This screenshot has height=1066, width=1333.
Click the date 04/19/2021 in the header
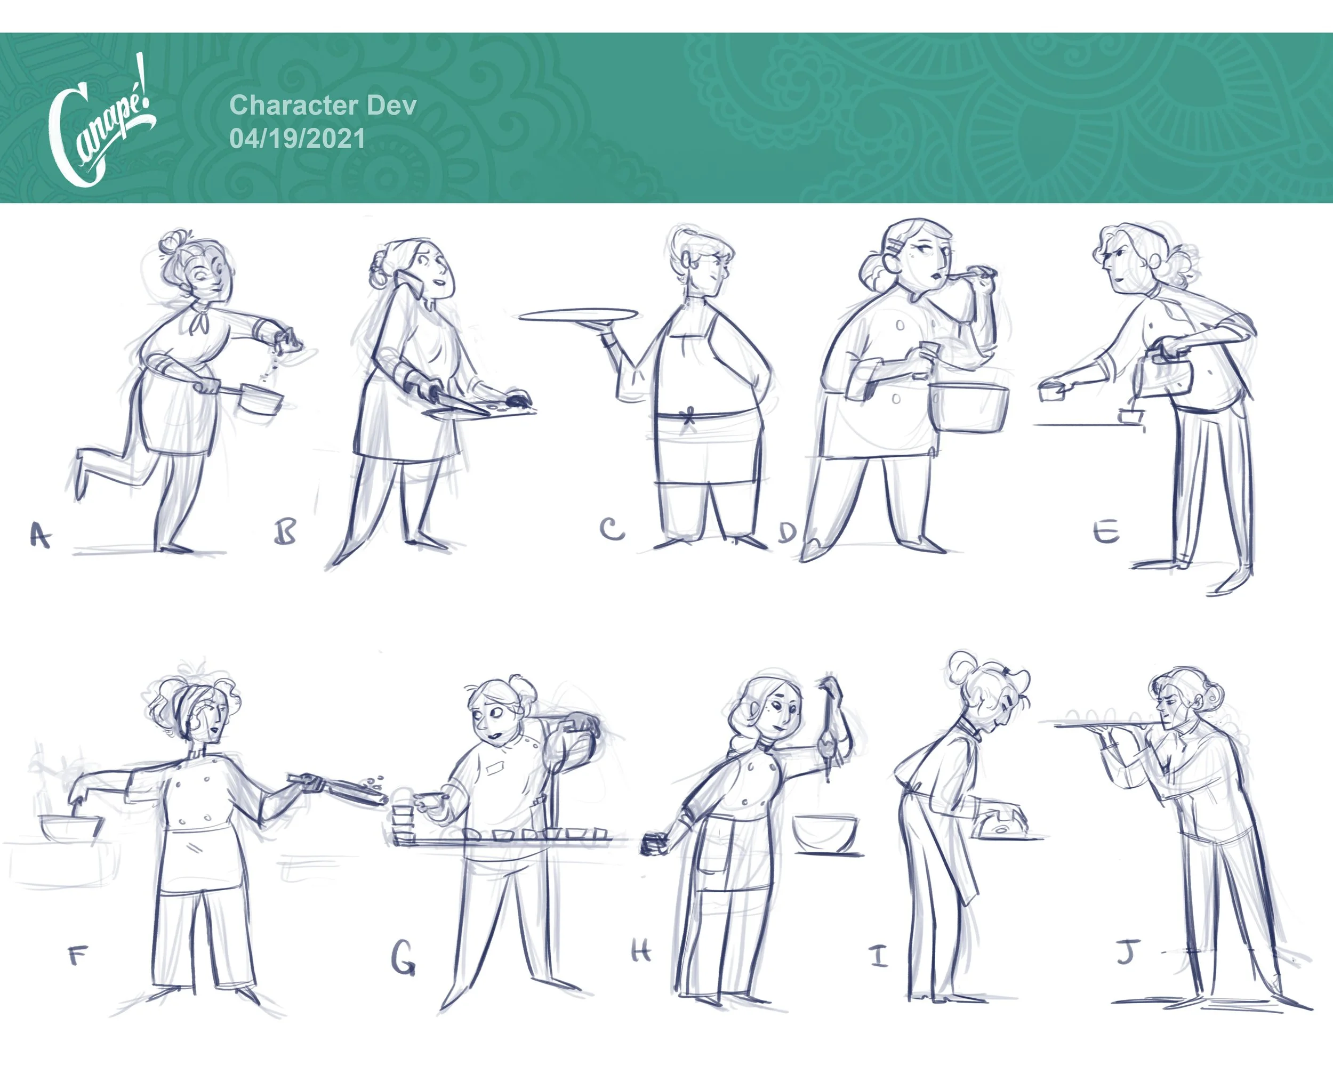(297, 139)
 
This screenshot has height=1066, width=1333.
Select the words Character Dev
(323, 105)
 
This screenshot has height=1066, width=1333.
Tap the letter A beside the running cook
(40, 535)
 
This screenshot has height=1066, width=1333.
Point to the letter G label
(403, 958)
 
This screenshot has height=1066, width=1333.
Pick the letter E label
(1106, 530)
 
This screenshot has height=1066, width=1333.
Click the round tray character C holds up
(578, 314)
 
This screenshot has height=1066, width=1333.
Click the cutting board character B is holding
(479, 410)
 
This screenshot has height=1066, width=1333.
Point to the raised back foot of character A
(81, 475)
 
